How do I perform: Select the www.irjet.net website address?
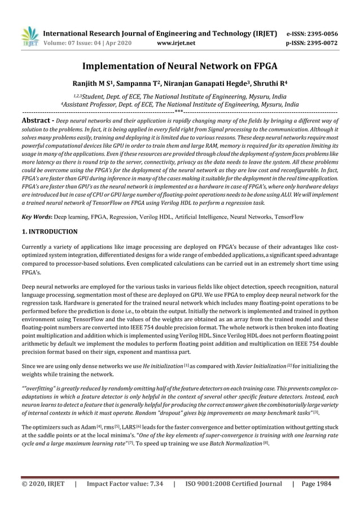[x=177, y=42]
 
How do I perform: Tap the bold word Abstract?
[x=37, y=121]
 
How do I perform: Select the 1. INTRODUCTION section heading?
[x=49, y=231]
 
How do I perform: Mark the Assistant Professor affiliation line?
[x=180, y=104]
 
